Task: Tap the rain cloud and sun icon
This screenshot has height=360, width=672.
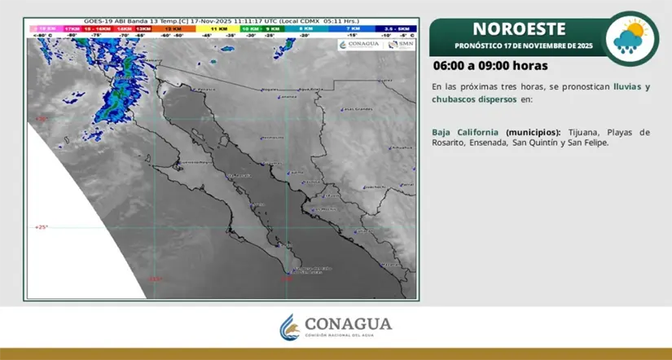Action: (x=632, y=37)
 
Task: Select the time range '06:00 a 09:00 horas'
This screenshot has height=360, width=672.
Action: (x=490, y=65)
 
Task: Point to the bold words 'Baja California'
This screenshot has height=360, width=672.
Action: (x=466, y=132)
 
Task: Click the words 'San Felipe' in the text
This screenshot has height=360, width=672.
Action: (x=587, y=143)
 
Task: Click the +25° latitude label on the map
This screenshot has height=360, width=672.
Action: (x=42, y=227)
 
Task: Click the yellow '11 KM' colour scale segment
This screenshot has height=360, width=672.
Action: (x=220, y=29)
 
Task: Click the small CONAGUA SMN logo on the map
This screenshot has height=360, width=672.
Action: (x=376, y=45)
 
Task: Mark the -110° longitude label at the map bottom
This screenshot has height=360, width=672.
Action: (x=286, y=279)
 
